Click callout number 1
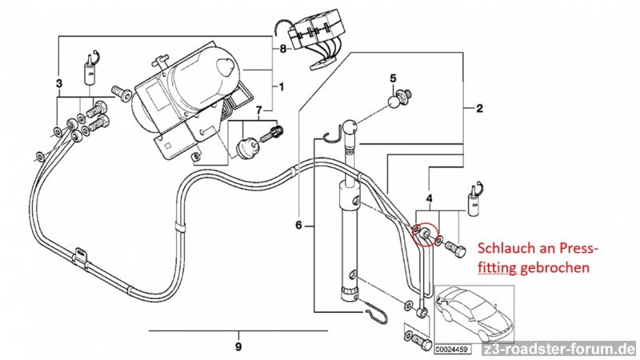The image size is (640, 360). coord(282,87)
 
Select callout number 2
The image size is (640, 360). coord(479,108)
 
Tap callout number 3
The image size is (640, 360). coord(59,84)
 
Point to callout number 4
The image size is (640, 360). coord(429,198)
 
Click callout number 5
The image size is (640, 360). coord(393,78)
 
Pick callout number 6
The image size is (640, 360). coord(298,225)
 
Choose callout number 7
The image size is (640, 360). coord(258,110)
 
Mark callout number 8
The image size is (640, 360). coord(283,50)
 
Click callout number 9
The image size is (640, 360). coord(238,347)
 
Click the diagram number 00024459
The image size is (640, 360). coord(451,350)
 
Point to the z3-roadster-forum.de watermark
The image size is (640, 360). coord(559,350)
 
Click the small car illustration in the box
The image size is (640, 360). coord(474,314)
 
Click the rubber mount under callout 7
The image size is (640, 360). coord(246,150)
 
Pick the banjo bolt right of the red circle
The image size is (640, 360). coord(455,249)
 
